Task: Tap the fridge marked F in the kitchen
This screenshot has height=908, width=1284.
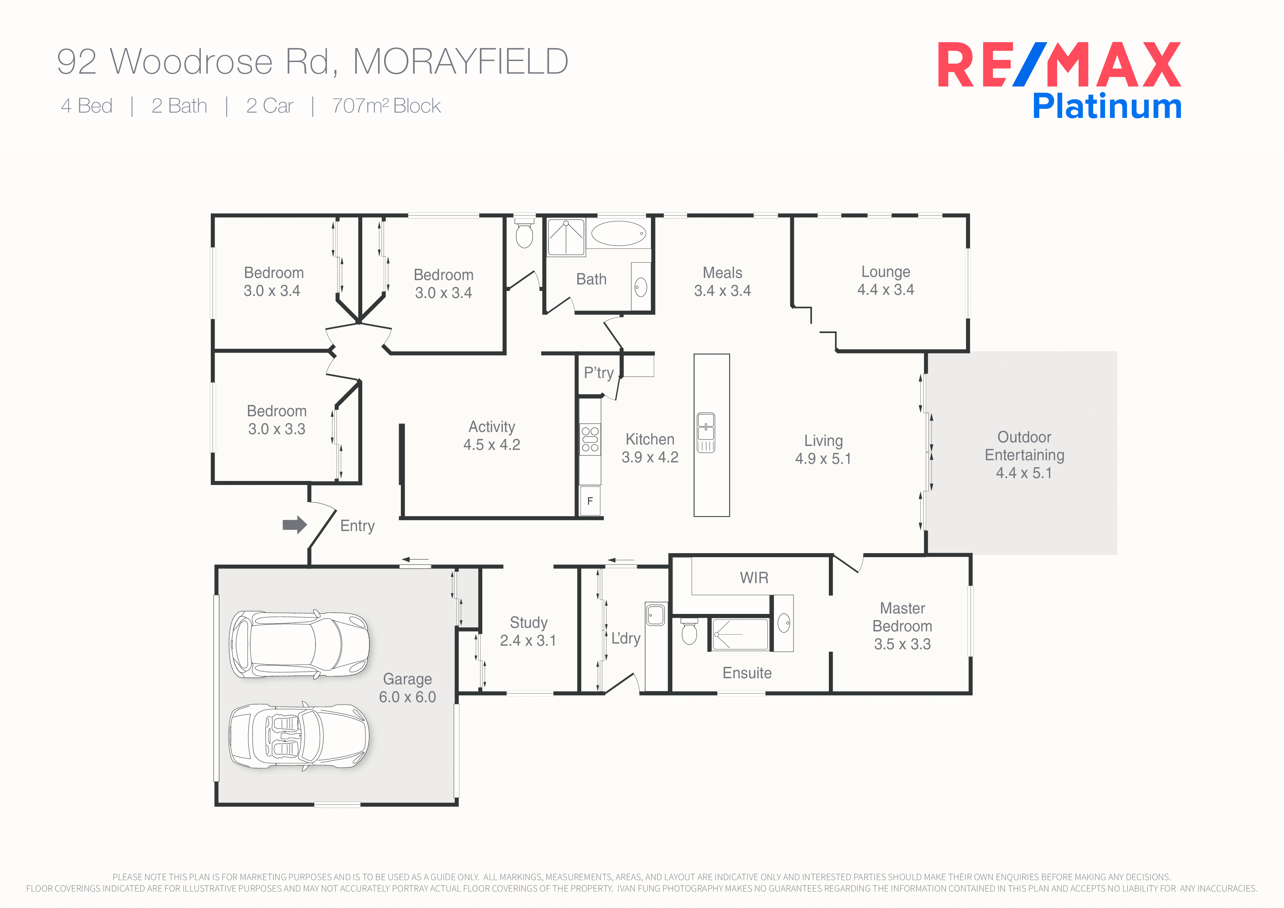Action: [590, 501]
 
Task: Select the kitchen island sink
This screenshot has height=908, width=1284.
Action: [706, 432]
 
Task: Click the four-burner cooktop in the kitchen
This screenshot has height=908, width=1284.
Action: [590, 439]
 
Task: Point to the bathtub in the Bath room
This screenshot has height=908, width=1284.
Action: [618, 233]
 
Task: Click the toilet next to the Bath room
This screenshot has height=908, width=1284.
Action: [524, 234]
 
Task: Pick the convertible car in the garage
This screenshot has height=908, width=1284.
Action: [299, 736]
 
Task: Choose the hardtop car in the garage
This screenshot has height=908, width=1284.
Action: [299, 644]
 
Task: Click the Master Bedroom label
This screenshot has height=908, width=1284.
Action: [902, 617]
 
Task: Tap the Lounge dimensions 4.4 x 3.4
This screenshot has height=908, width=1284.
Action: [886, 289]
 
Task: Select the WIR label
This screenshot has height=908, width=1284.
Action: [754, 577]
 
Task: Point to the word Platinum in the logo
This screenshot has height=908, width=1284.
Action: [1107, 106]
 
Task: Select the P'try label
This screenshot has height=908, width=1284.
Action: [598, 373]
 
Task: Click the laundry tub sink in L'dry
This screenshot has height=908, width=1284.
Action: [656, 615]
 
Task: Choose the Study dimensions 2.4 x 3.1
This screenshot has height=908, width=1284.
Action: [528, 640]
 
